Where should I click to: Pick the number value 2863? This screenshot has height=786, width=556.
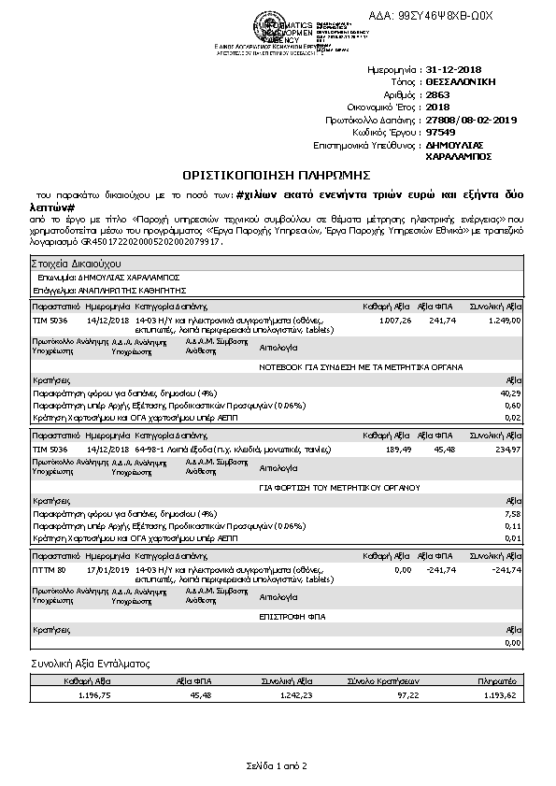(437, 95)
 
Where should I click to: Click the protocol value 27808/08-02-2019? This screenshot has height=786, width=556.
(470, 120)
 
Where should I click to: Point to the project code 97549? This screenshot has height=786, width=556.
(440, 133)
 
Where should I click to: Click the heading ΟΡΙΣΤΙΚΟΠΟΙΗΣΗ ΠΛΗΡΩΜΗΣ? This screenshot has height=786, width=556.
(277, 174)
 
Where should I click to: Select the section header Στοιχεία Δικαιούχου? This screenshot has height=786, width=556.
(72, 265)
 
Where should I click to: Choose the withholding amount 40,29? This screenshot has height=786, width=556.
(512, 393)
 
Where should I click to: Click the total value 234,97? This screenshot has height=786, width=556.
(506, 449)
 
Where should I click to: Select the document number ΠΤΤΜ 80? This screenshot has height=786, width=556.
(50, 569)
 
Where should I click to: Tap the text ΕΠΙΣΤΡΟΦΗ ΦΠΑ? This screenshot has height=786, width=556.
(290, 617)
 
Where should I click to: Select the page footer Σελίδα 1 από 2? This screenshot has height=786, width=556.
(277, 766)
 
